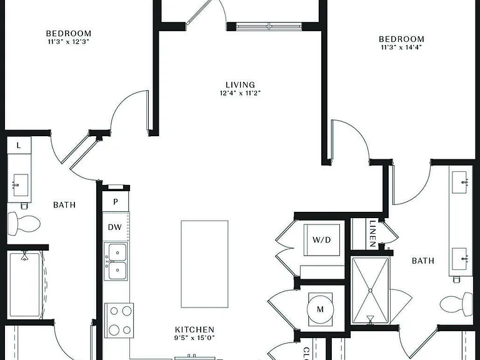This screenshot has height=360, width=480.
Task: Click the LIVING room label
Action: point(240,85)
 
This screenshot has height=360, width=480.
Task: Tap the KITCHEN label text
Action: point(195,330)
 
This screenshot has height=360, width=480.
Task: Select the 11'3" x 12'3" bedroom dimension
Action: point(68,42)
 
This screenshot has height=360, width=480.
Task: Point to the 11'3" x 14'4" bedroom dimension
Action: point(401,47)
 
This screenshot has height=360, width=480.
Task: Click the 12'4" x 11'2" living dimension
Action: point(240,92)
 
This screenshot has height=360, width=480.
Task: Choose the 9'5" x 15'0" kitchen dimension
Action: point(195,338)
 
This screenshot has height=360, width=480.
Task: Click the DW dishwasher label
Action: point(115,227)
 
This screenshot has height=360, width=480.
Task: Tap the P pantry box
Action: point(116,201)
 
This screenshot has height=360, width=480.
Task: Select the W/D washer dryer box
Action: point(322,240)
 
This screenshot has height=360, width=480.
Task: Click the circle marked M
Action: point(320,309)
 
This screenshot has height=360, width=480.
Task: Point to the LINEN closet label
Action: point(372,234)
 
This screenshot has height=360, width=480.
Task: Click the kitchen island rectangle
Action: point(204,264)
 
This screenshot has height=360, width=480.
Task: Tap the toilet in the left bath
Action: point(24,224)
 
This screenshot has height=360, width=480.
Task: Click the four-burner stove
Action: point(119,320)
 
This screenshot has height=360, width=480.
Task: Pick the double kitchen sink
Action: point(116,261)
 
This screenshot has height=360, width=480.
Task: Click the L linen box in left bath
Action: point(19,146)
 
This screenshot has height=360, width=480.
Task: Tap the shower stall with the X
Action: point(371,291)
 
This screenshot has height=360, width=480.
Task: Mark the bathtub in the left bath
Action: point(24,285)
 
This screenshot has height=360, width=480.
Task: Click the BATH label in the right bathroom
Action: point(422,261)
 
